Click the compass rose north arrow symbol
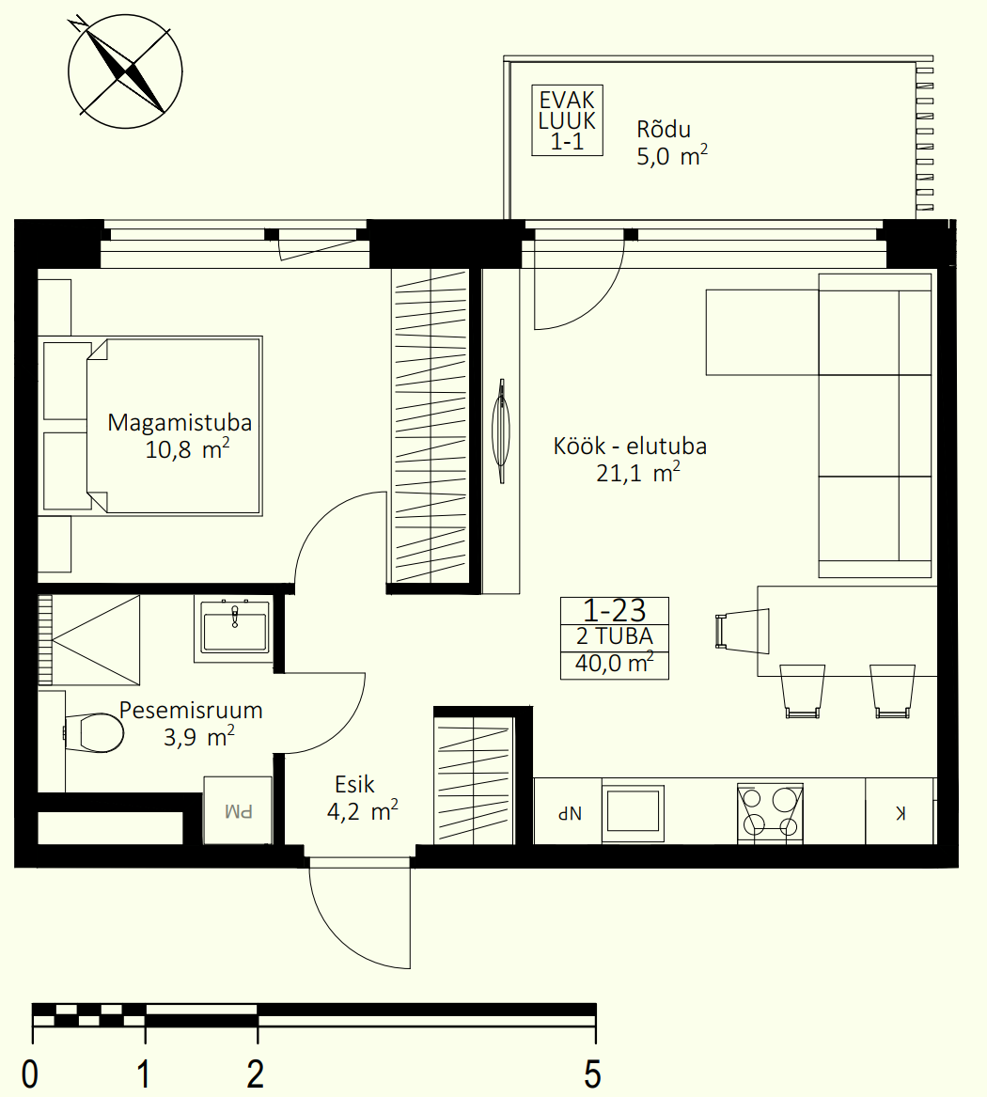coord(125,71)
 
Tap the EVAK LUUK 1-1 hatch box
coord(568,120)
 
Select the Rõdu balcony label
coord(664,130)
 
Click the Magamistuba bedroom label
coord(180,423)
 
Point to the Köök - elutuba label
coord(630,447)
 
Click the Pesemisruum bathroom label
coord(191,710)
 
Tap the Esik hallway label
coord(354,784)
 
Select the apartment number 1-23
coord(614,611)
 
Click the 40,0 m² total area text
coord(614,663)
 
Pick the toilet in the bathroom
coord(94,733)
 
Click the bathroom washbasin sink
coord(234,631)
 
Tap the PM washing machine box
coord(238,810)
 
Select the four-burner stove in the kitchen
coord(770,812)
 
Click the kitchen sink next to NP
coord(633,812)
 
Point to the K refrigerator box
coord(901,812)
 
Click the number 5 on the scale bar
coord(592,1073)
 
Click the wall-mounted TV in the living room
coord(502,431)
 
